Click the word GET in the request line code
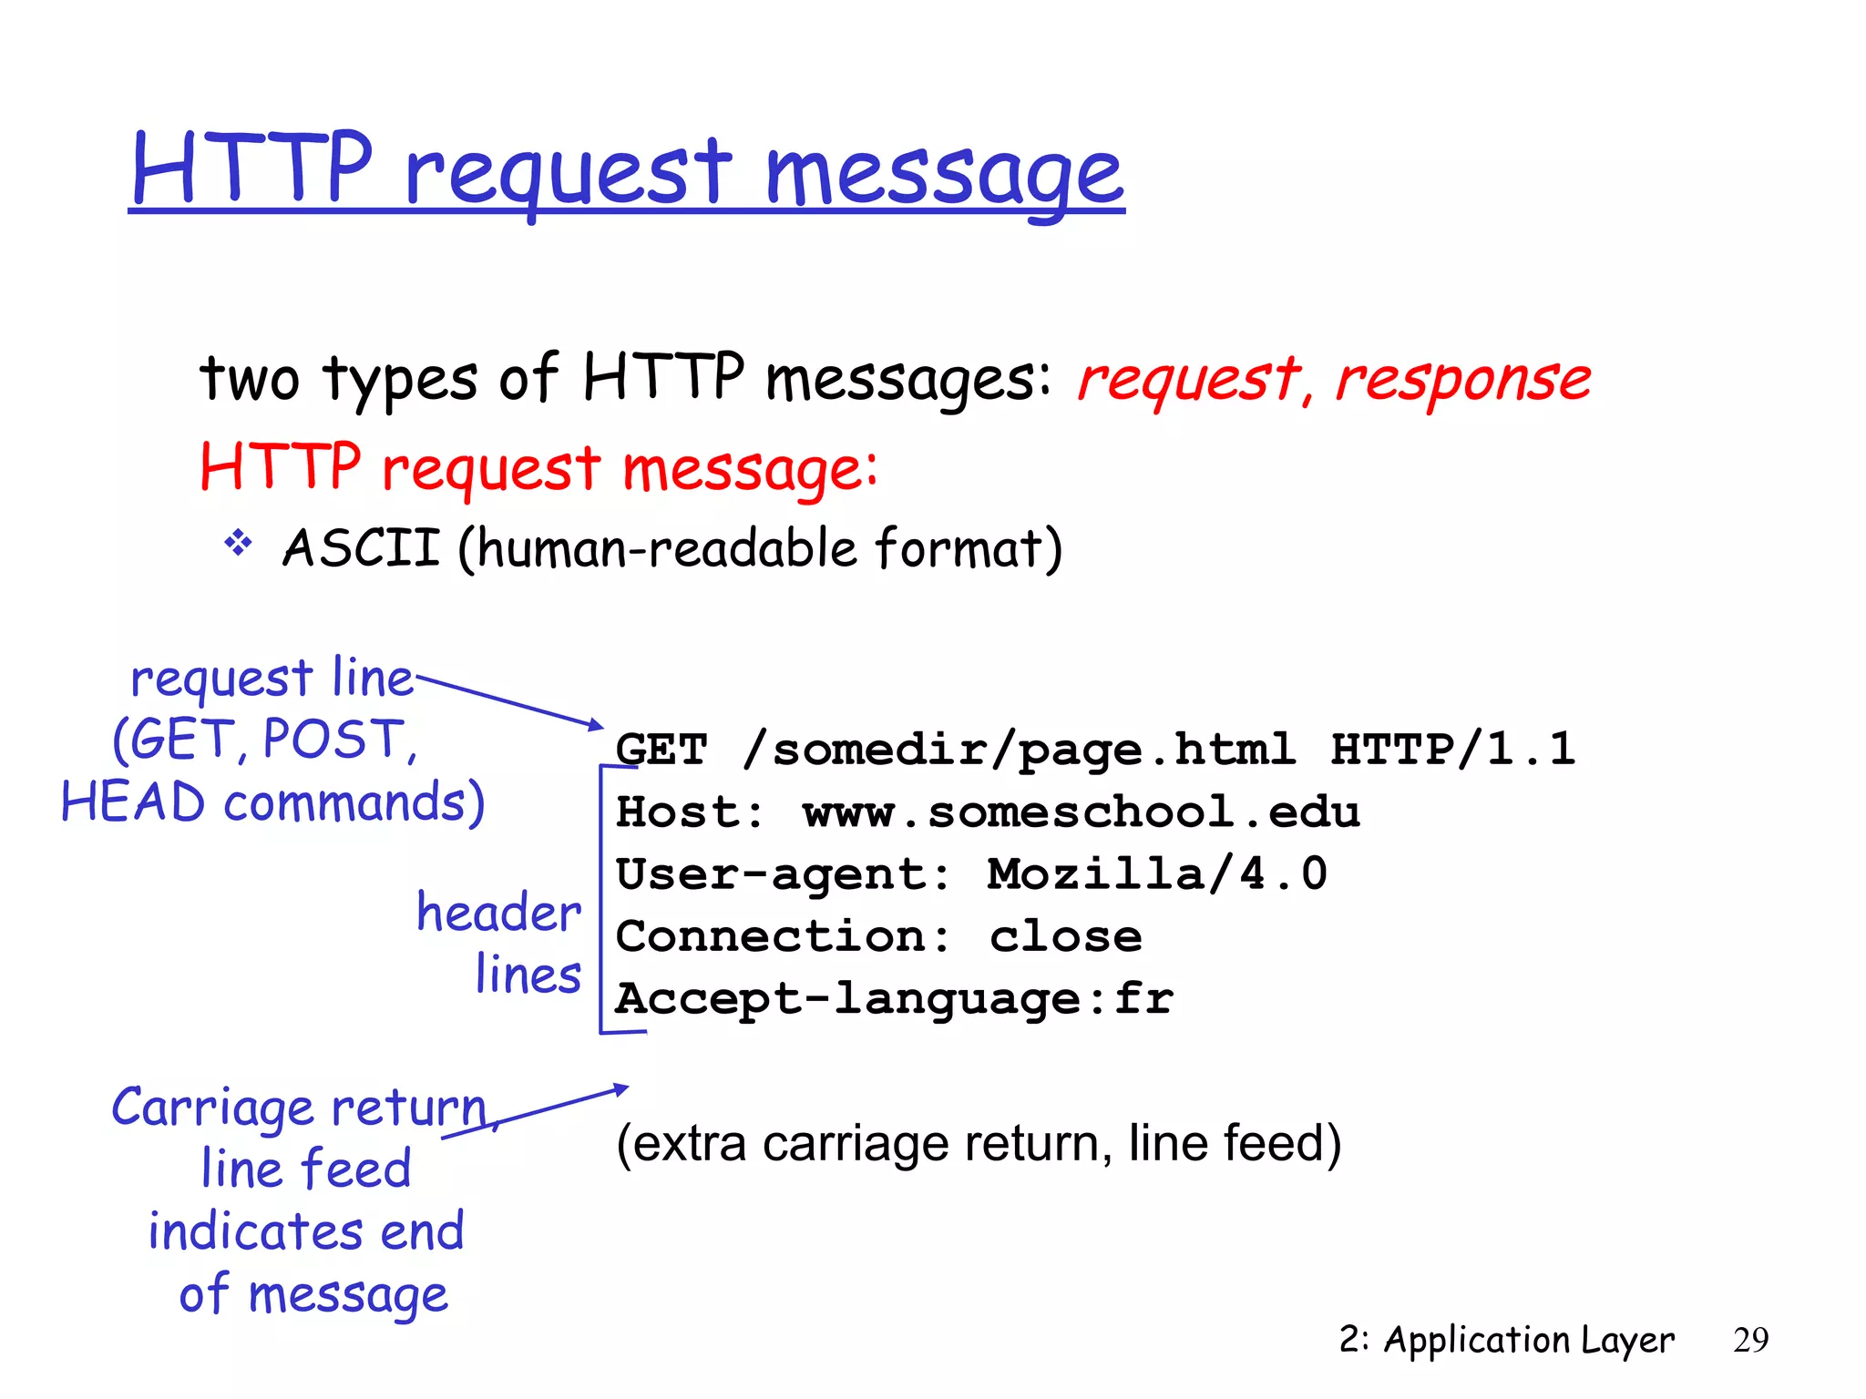tap(661, 751)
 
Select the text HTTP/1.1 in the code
tap(1452, 749)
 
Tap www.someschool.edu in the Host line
tap(1081, 812)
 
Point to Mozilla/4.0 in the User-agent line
tap(1157, 874)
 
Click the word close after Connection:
tap(1066, 937)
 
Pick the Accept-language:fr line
tap(895, 999)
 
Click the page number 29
tap(1750, 1340)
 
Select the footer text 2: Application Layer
tap(1506, 1340)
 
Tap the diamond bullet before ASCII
tap(238, 544)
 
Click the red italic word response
tap(1463, 380)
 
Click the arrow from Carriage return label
tap(538, 1111)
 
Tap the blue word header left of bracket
tap(498, 913)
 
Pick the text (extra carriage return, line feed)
tap(979, 1143)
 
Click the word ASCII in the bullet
tap(362, 548)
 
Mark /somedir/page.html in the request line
tap(1019, 750)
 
